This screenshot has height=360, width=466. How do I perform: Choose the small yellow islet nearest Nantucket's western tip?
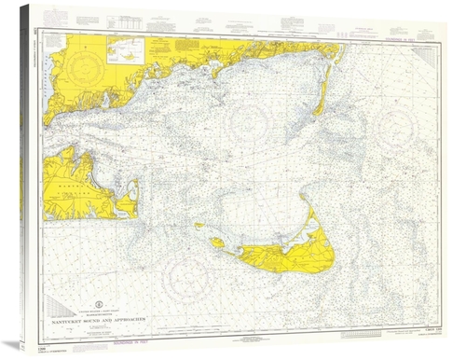(x=199, y=227)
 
